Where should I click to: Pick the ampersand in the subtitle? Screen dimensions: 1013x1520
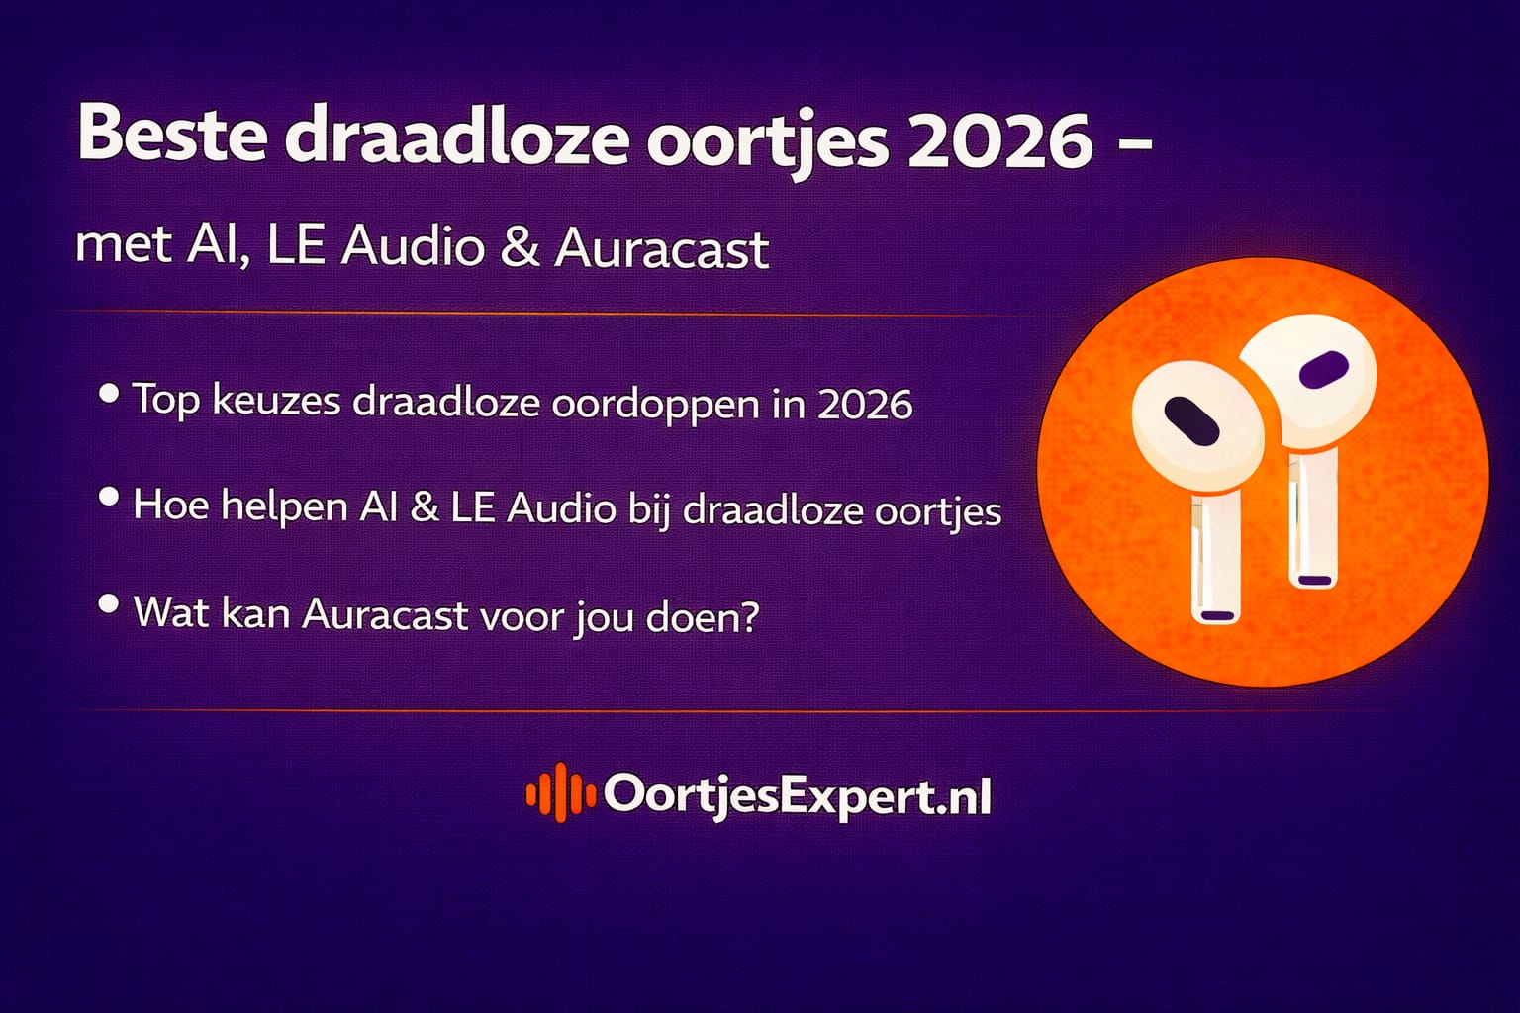520,247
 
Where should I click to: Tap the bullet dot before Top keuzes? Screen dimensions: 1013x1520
109,394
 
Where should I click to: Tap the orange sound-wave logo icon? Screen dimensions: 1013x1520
559,792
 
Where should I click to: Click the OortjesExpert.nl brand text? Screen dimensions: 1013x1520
797,795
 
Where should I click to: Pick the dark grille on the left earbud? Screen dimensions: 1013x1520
1189,418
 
